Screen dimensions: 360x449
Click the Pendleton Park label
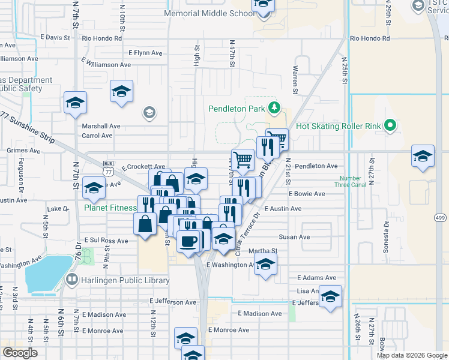point(236,109)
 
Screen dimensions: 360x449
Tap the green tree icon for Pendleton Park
point(274,107)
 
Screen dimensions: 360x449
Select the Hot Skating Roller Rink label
point(339,127)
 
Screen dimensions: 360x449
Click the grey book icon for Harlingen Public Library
point(72,280)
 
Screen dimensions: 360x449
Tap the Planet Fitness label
point(110,208)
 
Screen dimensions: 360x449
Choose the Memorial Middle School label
point(209,13)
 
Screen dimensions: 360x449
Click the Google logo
point(20,352)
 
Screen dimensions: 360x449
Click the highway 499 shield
point(440,218)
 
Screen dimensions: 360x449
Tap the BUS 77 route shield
point(108,167)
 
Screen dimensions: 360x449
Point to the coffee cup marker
point(189,241)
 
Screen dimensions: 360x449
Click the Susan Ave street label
point(295,237)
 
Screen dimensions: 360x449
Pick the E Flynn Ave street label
point(145,53)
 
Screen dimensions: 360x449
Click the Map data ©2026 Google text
point(411,355)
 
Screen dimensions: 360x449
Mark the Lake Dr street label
point(58,209)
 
